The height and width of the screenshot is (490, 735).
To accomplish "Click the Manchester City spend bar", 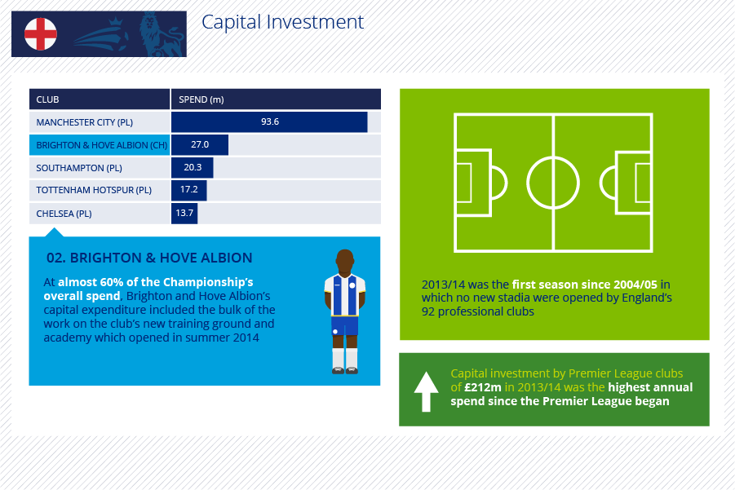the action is point(269,121).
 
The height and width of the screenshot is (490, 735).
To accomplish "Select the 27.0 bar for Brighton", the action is point(200,145).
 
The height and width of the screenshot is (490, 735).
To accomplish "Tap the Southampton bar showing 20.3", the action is point(193,167).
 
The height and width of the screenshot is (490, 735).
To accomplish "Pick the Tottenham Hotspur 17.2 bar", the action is point(189,190).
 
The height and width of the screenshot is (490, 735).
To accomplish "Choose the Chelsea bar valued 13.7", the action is point(184,213).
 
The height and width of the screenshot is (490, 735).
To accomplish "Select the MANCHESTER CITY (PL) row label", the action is point(84,122).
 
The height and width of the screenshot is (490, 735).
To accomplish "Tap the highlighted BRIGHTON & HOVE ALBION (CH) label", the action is point(102,145).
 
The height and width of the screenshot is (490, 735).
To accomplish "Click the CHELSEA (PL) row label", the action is point(64,214).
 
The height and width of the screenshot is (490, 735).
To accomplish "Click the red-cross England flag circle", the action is point(41,33).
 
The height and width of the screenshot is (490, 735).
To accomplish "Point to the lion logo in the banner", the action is point(161,34).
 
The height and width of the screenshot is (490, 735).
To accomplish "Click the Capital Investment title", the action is point(282,22).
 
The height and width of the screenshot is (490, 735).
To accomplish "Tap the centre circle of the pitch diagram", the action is point(553,157).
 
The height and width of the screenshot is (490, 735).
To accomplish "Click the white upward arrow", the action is point(426,391).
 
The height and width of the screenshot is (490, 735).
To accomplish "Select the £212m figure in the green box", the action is point(483,387).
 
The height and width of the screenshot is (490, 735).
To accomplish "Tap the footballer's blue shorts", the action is point(344,325).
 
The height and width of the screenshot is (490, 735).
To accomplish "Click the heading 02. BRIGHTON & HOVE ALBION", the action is point(149,258).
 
